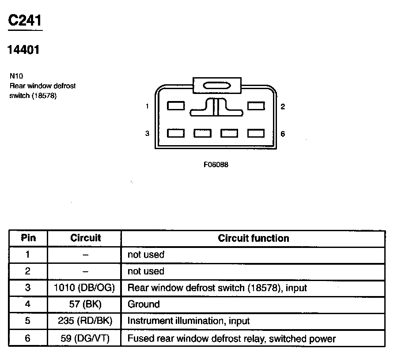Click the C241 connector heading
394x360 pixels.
pos(26,21)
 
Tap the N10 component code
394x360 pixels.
pos(16,76)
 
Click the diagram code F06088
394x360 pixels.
pos(216,165)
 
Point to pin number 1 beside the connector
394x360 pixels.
pos(147,106)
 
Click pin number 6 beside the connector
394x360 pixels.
pos(283,134)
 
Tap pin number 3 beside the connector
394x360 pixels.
pos(147,134)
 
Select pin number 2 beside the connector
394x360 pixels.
pos(283,106)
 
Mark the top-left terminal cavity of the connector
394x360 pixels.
pos(176,106)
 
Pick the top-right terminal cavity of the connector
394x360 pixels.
pos(256,106)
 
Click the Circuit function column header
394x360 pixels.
pos(253,238)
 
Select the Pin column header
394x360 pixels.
pos(28,238)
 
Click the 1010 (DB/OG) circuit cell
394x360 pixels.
pos(84,288)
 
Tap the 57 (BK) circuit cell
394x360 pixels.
pos(84,304)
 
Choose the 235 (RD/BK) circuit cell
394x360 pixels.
pos(84,321)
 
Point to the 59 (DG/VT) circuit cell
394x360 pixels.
pos(84,339)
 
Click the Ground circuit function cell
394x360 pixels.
pos(144,304)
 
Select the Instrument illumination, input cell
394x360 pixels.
pos(189,321)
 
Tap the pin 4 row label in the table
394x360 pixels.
pos(28,304)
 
